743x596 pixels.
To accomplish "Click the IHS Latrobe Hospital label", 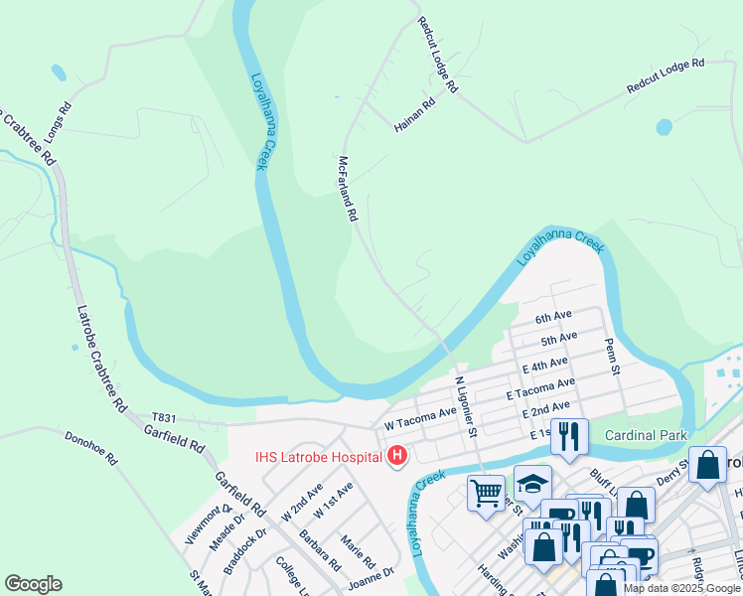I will point(318,457).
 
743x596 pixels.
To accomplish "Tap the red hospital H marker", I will point(397,457).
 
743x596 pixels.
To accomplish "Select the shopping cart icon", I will point(486,492).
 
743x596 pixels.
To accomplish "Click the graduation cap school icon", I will point(532,483).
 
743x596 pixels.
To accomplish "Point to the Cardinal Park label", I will point(646,435).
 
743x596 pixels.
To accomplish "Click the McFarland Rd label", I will point(347,188).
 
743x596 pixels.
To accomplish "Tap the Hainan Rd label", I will point(415,115).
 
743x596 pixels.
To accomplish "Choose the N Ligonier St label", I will point(466,405).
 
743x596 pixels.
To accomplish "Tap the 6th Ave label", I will point(553,318).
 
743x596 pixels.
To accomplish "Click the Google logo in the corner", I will point(33,584).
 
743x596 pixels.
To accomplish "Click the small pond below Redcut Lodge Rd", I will point(664,127).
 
